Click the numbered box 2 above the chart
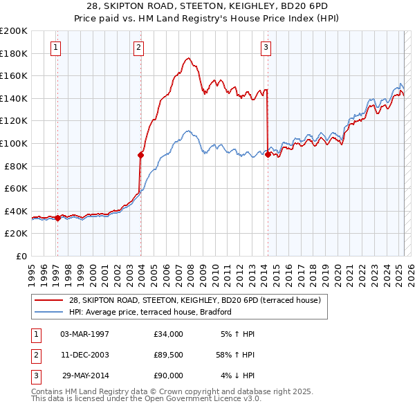coord(139,48)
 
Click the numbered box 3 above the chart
coord(266,48)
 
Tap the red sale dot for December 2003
coord(140,156)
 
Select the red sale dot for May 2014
coord(268,155)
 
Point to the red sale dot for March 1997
coord(57,218)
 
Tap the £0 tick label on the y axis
coord(20,256)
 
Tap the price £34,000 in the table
coord(168,334)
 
